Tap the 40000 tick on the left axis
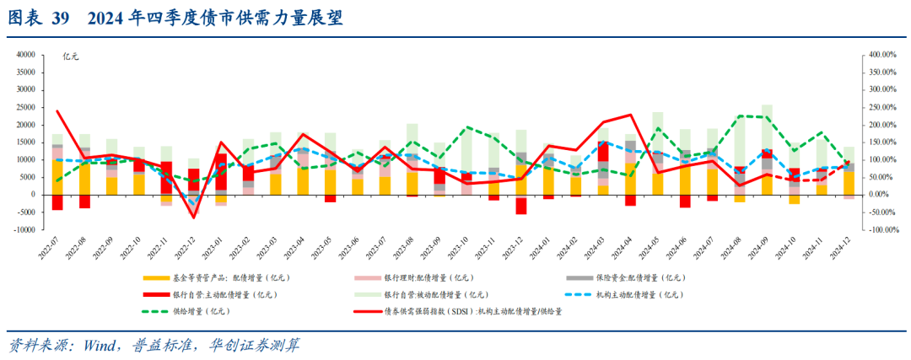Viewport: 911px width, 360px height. pyautogui.click(x=24, y=54)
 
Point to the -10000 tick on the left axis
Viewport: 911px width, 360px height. pyautogui.click(x=23, y=229)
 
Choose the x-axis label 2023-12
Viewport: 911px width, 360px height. pyautogui.click(x=517, y=250)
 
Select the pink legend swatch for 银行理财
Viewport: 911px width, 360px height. pyautogui.click(x=368, y=277)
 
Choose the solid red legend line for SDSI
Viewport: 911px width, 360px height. pyautogui.click(x=368, y=311)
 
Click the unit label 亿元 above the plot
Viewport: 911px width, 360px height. pyautogui.click(x=71, y=56)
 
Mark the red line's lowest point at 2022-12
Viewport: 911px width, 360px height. pyautogui.click(x=193, y=218)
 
